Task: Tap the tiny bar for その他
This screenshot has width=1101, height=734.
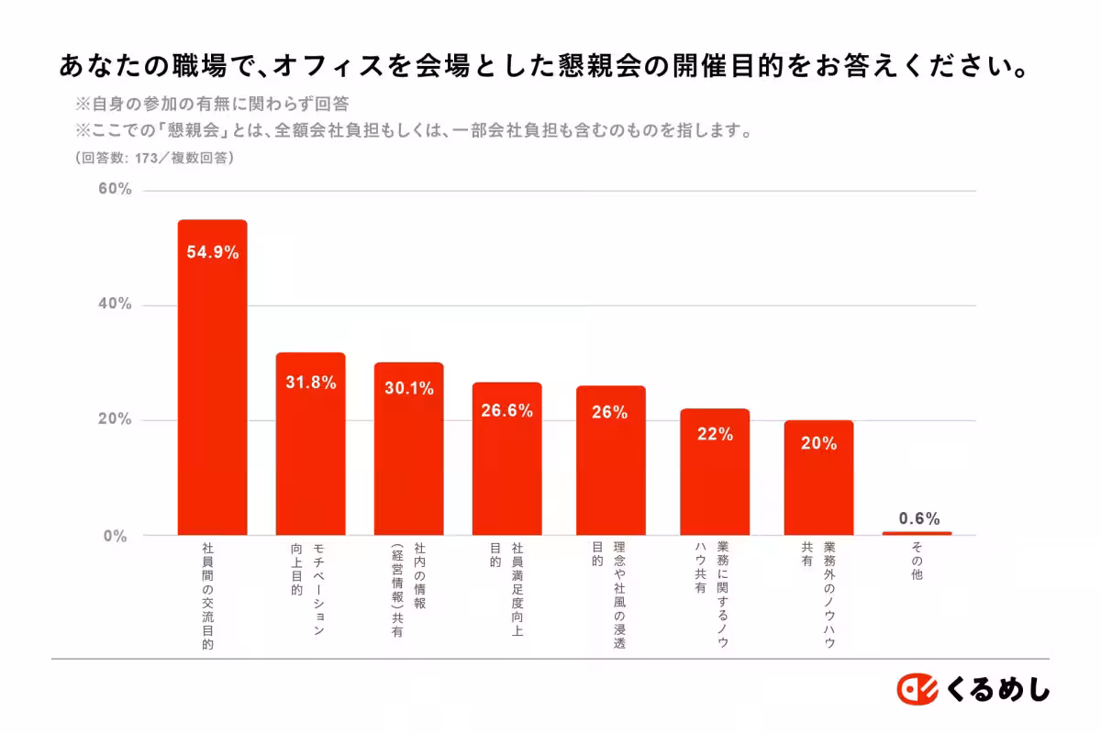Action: [x=917, y=533]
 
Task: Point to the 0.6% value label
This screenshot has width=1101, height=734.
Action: [x=919, y=518]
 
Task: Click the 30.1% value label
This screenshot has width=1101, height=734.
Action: [x=408, y=388]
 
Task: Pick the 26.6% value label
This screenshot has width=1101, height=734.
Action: [x=506, y=411]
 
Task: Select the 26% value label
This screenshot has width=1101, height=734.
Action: [x=610, y=413]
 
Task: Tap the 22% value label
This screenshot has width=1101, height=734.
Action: [x=715, y=435]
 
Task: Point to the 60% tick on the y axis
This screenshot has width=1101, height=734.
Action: [x=116, y=190]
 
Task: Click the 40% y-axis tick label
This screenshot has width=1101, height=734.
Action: [x=116, y=305]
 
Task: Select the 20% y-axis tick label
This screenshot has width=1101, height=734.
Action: [x=116, y=420]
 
